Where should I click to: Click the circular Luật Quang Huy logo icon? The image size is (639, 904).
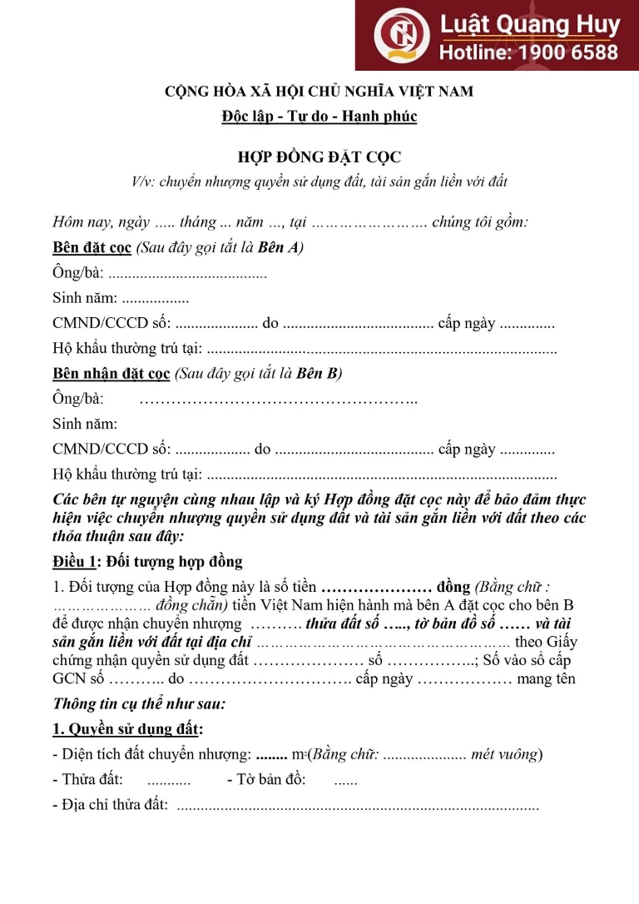pyautogui.click(x=401, y=35)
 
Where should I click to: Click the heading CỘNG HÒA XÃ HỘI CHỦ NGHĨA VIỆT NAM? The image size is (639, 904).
pyautogui.click(x=319, y=91)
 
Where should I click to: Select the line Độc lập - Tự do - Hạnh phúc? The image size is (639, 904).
pyautogui.click(x=319, y=117)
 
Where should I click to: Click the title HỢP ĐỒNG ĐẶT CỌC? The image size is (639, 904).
pyautogui.click(x=319, y=157)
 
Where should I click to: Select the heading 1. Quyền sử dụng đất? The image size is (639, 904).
pyautogui.click(x=127, y=729)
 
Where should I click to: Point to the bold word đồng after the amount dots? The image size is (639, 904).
pyautogui.click(x=453, y=587)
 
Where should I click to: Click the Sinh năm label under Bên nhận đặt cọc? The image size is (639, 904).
pyautogui.click(x=85, y=424)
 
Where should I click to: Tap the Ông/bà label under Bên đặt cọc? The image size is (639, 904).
pyautogui.click(x=77, y=273)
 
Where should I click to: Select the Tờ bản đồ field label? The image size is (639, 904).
pyautogui.click(x=265, y=780)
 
